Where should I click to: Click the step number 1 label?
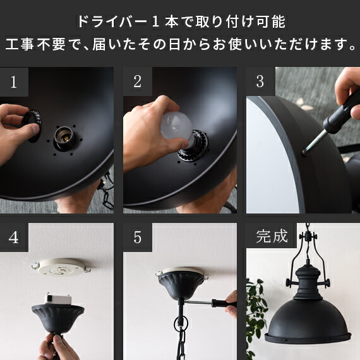[14, 81]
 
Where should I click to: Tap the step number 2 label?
[137, 81]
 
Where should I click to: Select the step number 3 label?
[260, 81]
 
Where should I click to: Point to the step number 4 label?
[14, 237]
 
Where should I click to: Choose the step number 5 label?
[137, 237]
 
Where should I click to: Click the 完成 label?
[272, 236]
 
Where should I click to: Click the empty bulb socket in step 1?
[64, 138]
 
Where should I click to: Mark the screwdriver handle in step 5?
[224, 303]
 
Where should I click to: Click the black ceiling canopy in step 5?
[181, 284]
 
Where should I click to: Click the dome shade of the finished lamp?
[308, 321]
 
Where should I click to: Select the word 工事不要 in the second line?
[35, 44]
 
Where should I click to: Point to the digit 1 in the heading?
[155, 22]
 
